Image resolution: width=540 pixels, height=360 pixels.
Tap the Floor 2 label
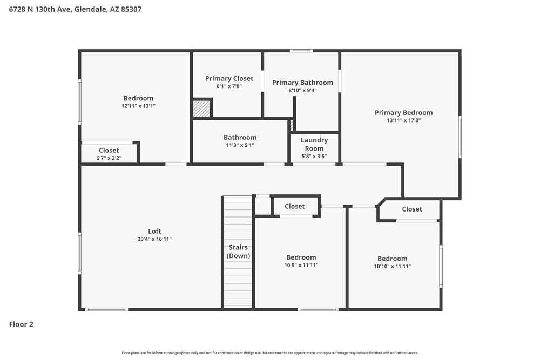(21, 324)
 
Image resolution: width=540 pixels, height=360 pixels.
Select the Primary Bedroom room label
(403, 112)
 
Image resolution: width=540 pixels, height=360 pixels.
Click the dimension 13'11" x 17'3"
(403, 120)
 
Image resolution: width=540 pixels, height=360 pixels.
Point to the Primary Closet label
(229, 78)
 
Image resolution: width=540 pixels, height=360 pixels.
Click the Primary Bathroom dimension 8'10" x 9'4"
(302, 90)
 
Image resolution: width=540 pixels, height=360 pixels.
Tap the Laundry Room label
(314, 144)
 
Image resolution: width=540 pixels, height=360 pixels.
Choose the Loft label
(154, 231)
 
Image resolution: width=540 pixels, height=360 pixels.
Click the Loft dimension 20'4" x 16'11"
(154, 239)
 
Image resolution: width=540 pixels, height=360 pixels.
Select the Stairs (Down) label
(238, 252)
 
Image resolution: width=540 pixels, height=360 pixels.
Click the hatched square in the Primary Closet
(201, 108)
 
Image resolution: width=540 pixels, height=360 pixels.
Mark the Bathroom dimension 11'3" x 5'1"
(240, 145)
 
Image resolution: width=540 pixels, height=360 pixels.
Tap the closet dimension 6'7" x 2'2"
(109, 158)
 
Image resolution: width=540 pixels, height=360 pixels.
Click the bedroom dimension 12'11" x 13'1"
(138, 106)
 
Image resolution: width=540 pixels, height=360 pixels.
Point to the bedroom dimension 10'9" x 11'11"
(301, 265)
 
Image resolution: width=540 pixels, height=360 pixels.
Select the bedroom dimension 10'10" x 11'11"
(393, 266)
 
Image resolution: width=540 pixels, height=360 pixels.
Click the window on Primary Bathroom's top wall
(301, 51)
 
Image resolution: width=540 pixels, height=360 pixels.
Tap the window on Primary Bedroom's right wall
(460, 137)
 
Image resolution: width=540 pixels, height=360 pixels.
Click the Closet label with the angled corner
(411, 209)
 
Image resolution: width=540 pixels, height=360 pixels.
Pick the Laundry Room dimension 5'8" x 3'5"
(314, 157)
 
